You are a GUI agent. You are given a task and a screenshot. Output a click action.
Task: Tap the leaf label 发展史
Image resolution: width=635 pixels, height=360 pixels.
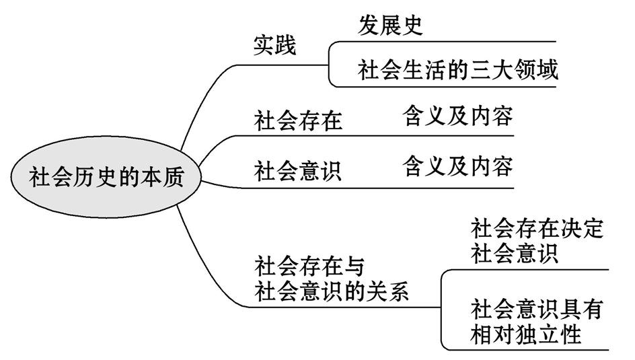391,25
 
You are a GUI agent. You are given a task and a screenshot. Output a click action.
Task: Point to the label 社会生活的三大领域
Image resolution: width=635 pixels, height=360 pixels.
458,69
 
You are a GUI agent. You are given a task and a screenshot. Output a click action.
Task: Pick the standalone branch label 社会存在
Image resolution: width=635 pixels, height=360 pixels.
298,120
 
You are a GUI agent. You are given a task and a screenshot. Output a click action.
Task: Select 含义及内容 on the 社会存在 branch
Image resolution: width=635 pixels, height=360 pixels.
458,116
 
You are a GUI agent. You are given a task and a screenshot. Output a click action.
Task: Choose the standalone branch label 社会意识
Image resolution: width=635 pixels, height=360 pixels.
298,170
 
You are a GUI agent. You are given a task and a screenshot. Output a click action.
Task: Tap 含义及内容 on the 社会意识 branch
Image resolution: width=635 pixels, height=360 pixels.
458,165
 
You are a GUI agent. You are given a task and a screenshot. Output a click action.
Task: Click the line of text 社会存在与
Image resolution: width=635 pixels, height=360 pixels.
309,267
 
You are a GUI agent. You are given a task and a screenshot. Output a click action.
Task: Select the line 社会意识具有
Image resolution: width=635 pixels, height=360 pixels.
537,310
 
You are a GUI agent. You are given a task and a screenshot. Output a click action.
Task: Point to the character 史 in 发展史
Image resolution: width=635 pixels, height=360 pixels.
412,25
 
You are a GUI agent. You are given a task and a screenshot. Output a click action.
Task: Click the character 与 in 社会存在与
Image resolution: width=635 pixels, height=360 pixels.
354,267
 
